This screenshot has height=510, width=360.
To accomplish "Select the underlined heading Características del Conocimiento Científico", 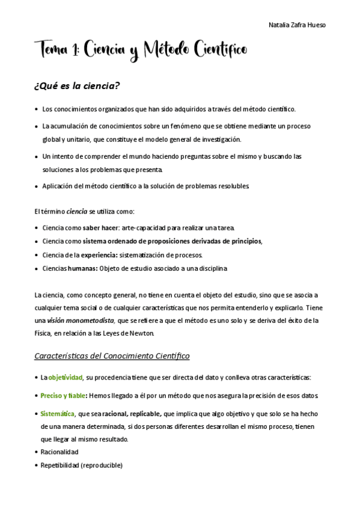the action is tap(112, 356).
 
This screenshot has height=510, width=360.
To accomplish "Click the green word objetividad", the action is tap(64, 378).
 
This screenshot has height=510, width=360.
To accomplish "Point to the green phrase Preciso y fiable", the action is tap(63, 396).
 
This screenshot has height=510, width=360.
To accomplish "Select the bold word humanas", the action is tap(82, 268).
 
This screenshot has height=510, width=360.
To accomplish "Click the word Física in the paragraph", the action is tap(44, 333).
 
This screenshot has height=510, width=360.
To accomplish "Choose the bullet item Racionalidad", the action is tap(59, 452).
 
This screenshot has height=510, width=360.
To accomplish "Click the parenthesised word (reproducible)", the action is tap(103, 465).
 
